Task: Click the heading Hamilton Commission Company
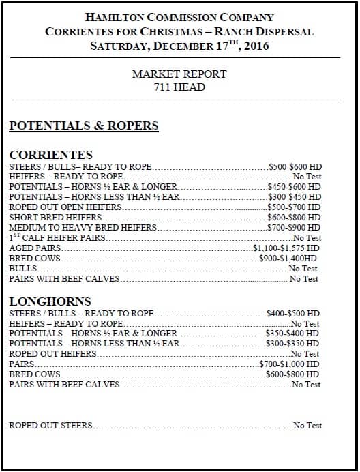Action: point(179,17)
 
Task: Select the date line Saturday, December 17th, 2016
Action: point(179,46)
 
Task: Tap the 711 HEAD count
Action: point(179,87)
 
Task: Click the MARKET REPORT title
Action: point(179,74)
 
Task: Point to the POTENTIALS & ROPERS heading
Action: point(83,126)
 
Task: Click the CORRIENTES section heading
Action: point(51,155)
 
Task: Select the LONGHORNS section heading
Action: point(50,301)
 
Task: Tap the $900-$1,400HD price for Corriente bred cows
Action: point(288,259)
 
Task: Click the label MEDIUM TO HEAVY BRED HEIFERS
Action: point(82,228)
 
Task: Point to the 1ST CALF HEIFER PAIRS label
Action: point(59,238)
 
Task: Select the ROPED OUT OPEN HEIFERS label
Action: point(65,207)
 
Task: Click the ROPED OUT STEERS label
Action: point(50,426)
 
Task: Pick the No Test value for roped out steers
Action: point(307,426)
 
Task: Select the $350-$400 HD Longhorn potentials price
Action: point(292,334)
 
